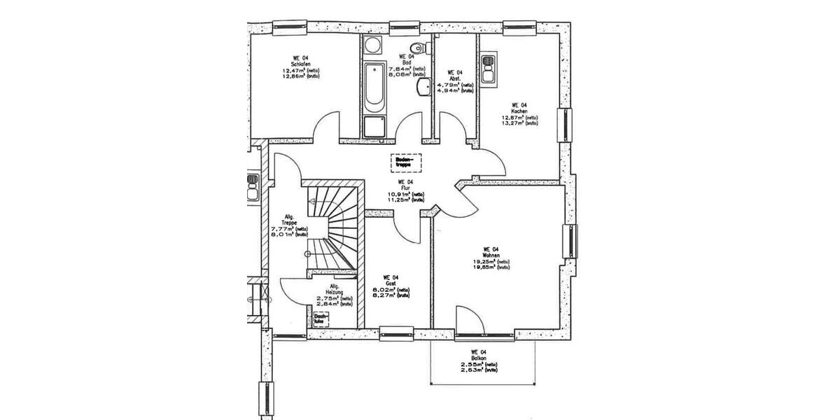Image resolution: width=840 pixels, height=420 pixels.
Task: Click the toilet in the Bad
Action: tap(419, 48)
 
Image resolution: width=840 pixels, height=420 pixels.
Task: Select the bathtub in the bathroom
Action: tap(374, 87)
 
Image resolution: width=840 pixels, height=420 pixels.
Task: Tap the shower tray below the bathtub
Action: tap(374, 127)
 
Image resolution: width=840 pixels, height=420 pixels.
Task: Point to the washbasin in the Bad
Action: tap(423, 87)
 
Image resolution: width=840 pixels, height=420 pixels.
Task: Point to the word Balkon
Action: tap(479, 358)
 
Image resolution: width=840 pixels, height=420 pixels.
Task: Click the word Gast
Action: tap(391, 283)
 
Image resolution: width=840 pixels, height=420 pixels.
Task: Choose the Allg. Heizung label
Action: tap(335, 290)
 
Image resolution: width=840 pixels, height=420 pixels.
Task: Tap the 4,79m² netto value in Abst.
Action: tap(449, 84)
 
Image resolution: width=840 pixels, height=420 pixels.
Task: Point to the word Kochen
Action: tap(519, 111)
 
